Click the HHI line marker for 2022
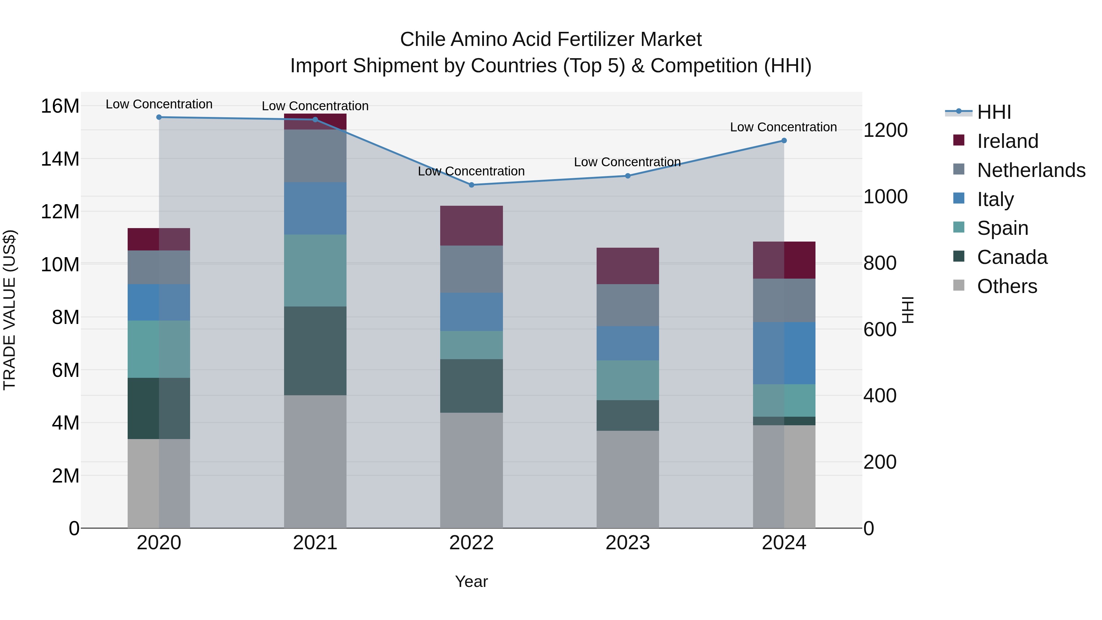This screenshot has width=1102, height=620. (x=471, y=185)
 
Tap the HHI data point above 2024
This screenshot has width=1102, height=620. (x=784, y=140)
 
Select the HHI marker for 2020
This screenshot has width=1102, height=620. (x=159, y=117)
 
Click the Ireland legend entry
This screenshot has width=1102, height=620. (x=1007, y=141)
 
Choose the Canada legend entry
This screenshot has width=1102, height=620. (x=1012, y=257)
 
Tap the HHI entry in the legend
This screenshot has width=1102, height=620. (x=993, y=112)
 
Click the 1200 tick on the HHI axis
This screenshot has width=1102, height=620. (x=885, y=130)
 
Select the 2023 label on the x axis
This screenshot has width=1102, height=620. (x=628, y=543)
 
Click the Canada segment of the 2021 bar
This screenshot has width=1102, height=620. (x=315, y=351)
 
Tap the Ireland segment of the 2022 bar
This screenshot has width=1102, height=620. (x=471, y=225)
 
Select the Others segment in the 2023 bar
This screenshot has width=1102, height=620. (x=628, y=479)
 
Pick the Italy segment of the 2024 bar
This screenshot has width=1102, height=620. (x=784, y=353)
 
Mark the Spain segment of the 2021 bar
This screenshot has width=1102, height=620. (x=315, y=270)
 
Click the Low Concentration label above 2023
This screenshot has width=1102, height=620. (x=627, y=162)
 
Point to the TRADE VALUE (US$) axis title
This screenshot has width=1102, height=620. (x=9, y=310)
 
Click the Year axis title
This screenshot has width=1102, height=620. (x=471, y=581)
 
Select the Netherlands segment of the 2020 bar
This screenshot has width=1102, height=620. (x=159, y=267)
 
